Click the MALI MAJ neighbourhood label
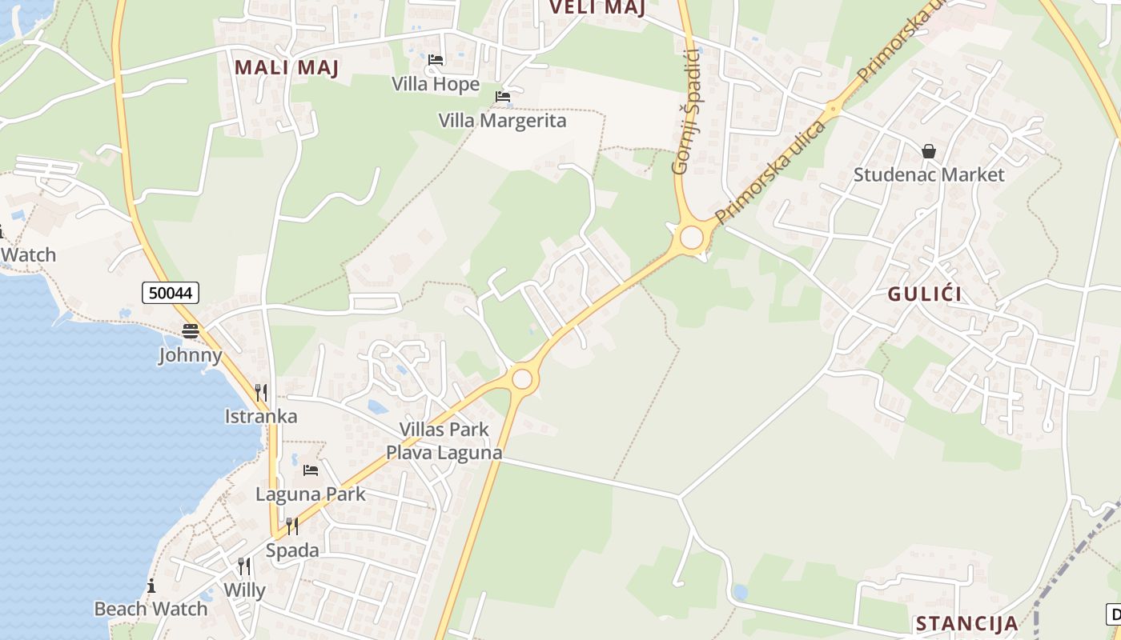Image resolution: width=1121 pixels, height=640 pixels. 287,68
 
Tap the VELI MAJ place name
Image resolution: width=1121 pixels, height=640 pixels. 597,8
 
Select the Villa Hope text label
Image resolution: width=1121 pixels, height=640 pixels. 436,84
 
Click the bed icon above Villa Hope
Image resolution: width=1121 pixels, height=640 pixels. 436,60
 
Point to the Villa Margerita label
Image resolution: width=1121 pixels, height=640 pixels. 502,121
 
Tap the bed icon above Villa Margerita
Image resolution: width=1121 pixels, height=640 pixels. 503,97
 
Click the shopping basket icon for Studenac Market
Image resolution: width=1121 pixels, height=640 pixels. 929,151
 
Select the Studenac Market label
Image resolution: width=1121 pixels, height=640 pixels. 929,174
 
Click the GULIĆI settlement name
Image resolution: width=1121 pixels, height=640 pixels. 925,294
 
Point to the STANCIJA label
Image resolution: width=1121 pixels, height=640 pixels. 966,624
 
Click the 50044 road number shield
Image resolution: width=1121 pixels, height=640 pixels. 171,293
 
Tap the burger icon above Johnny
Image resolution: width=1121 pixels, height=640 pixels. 191,331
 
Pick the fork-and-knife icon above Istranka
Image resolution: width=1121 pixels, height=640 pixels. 261,393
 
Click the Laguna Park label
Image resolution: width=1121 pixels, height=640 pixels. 311,494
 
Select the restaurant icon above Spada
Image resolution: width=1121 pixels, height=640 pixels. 292,526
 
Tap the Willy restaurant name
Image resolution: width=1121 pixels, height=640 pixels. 244,590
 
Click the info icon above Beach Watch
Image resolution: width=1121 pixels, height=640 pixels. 151,586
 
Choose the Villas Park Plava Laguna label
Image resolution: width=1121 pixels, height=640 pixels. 444,441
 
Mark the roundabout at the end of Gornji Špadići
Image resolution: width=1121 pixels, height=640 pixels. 690,238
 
